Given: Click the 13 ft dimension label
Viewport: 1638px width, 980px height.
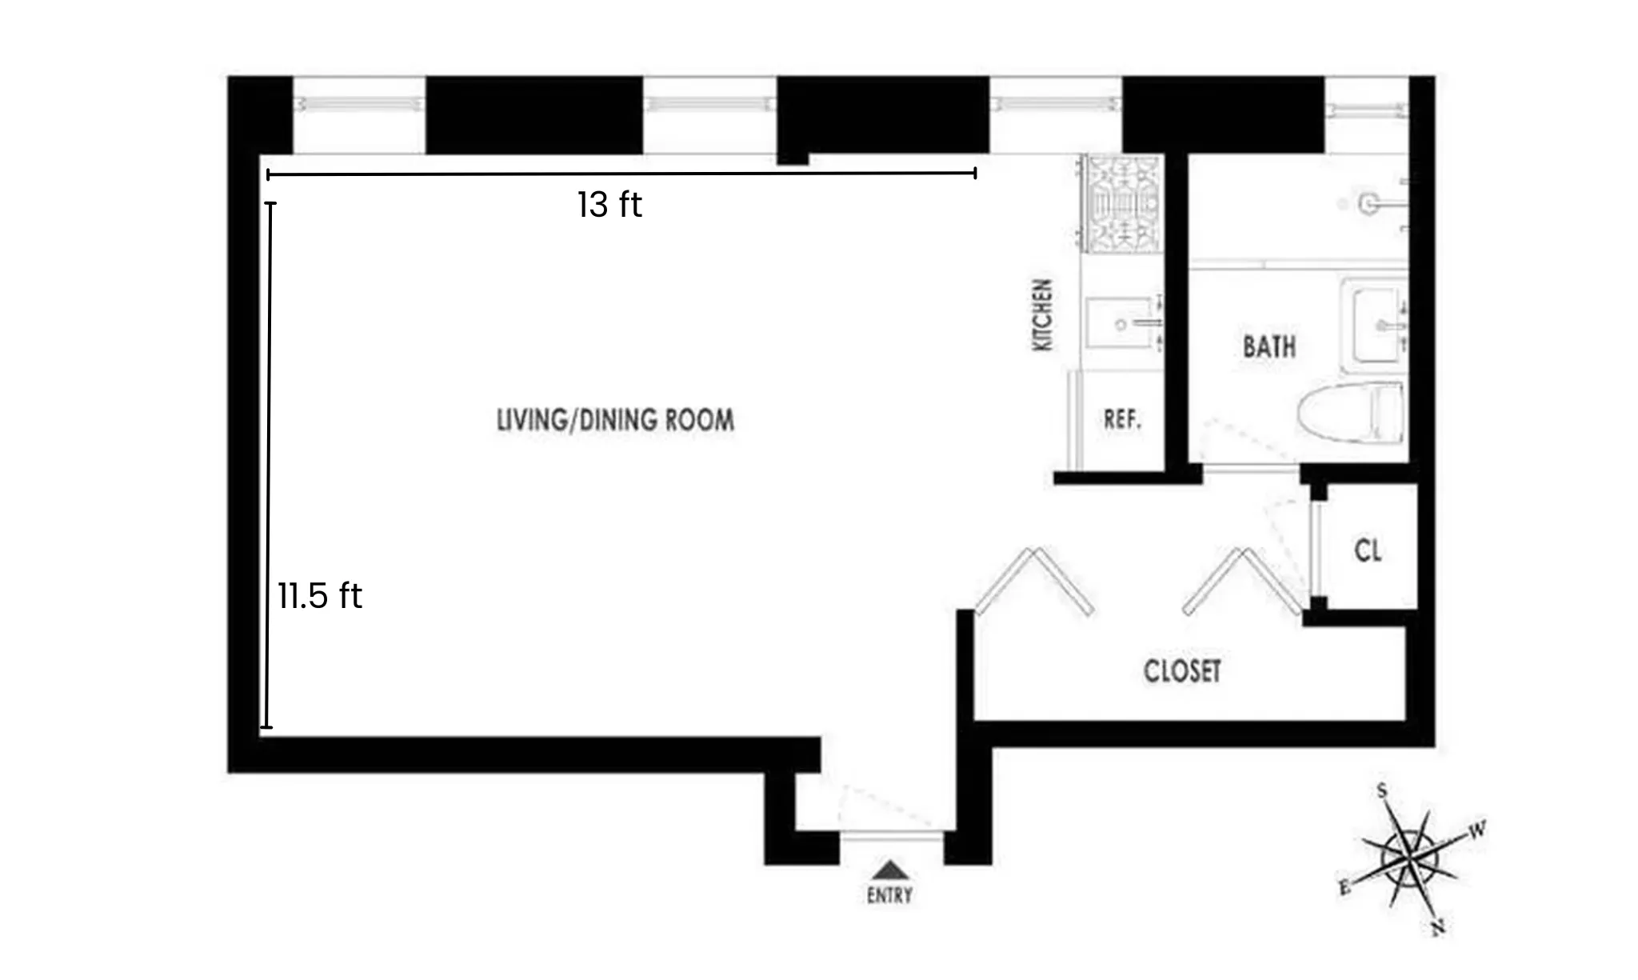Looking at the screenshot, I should (x=609, y=205).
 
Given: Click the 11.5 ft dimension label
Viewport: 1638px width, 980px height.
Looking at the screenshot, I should (x=320, y=596).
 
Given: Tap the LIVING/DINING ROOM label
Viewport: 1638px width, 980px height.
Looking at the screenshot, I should (x=615, y=420).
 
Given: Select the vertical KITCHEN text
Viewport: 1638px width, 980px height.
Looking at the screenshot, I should (x=1043, y=315).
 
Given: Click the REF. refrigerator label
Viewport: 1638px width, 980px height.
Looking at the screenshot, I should (x=1122, y=419).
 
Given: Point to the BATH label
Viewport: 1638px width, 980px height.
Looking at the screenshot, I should (x=1269, y=346).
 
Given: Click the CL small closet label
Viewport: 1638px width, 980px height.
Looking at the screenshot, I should (x=1368, y=550).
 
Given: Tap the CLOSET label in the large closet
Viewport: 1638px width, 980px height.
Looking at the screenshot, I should (x=1182, y=671).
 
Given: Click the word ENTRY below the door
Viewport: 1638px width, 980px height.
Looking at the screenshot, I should (x=889, y=895).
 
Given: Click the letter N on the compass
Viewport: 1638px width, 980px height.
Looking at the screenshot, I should (x=1437, y=927).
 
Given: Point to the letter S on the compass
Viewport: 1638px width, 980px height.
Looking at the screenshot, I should (x=1381, y=791).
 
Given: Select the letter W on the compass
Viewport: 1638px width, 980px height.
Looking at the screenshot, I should (x=1477, y=830).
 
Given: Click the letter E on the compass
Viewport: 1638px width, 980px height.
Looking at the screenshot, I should (x=1344, y=887).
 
